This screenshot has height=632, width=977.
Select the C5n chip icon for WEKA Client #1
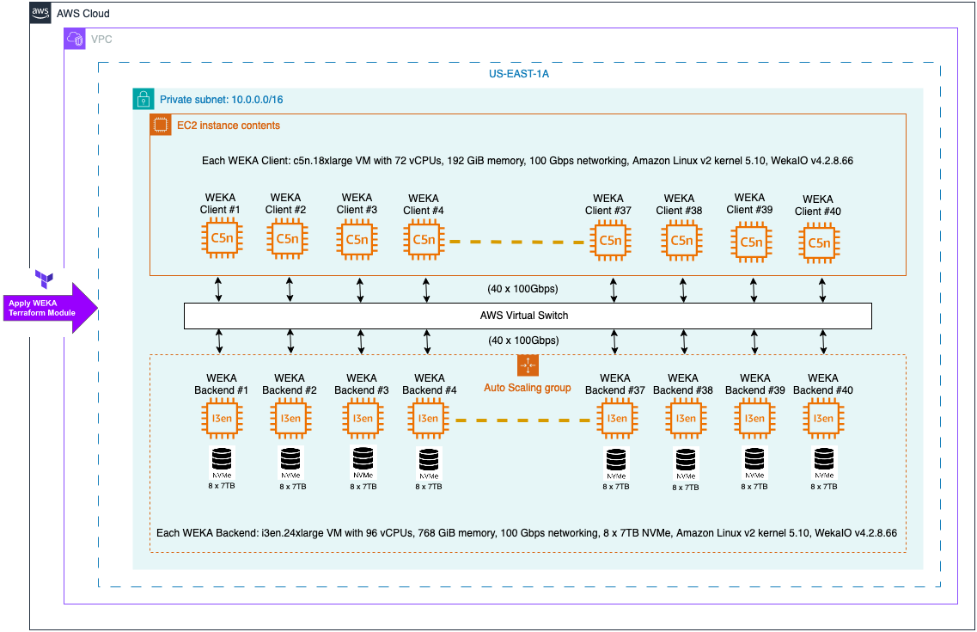[222, 238]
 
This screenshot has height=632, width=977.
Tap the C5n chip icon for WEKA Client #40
[819, 242]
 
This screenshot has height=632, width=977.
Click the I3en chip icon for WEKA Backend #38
[685, 419]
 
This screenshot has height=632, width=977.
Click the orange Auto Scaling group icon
[528, 365]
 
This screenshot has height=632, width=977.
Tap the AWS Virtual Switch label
[523, 316]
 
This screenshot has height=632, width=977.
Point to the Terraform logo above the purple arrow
[45, 278]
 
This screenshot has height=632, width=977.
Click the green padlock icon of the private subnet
[143, 99]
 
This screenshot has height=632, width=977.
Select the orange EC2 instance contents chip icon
[160, 125]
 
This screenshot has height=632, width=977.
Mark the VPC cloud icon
[75, 39]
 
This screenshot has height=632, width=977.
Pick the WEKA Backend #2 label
[290, 384]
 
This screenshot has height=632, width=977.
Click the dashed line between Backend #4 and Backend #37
[527, 420]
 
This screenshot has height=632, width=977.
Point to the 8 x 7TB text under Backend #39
[754, 486]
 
